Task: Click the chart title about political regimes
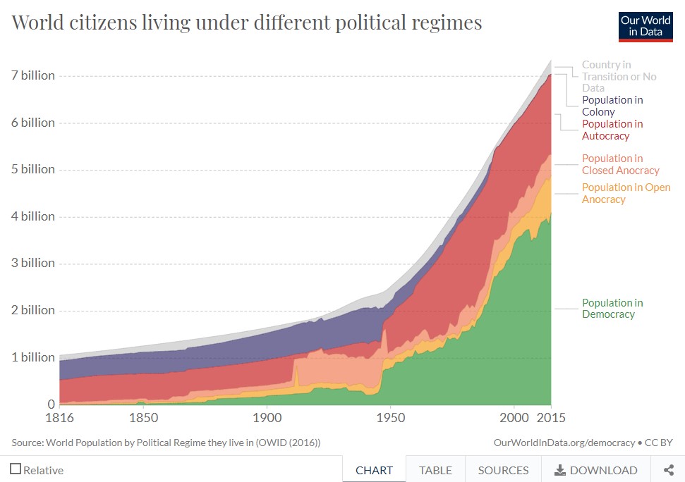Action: (247, 23)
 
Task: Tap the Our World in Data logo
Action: (645, 27)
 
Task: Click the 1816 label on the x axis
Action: (60, 417)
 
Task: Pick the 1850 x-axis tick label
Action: (143, 417)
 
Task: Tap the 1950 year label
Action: (390, 417)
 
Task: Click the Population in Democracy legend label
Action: (612, 309)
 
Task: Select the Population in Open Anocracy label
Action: (626, 193)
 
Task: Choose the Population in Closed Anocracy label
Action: (620, 164)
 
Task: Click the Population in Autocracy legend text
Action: (612, 130)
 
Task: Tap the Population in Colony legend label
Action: (612, 106)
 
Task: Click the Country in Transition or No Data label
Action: (619, 76)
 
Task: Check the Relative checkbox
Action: (16, 469)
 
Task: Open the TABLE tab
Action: (435, 470)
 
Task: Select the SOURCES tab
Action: (503, 470)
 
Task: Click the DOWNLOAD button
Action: (596, 470)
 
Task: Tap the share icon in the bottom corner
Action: (668, 470)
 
